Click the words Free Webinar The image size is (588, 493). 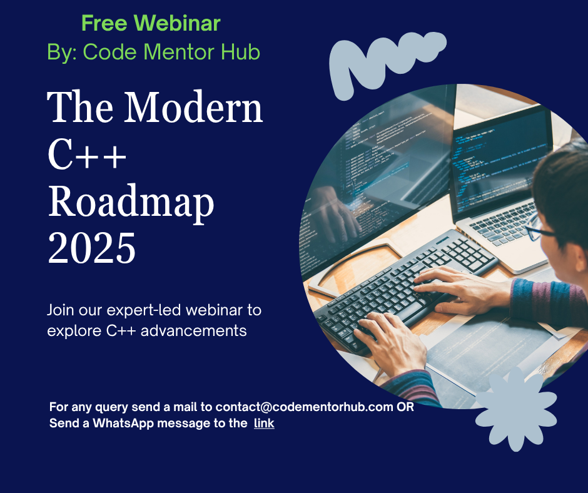point(151,23)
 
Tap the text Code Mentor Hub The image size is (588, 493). point(171,52)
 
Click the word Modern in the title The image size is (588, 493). point(193,107)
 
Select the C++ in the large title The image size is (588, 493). point(87,155)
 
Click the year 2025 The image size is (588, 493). point(92,248)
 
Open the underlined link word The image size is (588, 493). point(264,423)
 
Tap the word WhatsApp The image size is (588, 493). point(123,424)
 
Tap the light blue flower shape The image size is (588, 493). point(516,409)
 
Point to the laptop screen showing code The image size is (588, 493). point(500,161)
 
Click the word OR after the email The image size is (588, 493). point(405,407)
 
